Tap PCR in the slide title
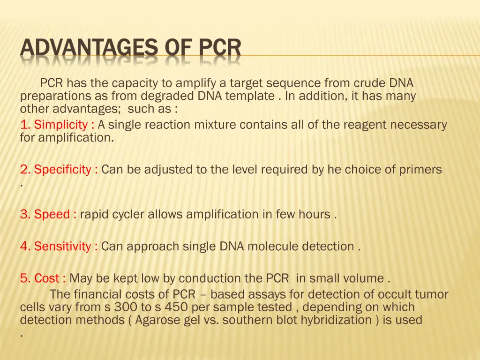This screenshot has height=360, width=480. [x=220, y=48]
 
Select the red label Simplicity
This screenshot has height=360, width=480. [x=61, y=125]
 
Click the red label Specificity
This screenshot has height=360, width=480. [x=62, y=170]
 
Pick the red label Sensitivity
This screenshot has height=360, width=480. [x=62, y=246]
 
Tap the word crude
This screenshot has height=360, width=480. [x=370, y=83]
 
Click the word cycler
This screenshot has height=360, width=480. [x=129, y=215]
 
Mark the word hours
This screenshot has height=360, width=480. [x=315, y=215]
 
